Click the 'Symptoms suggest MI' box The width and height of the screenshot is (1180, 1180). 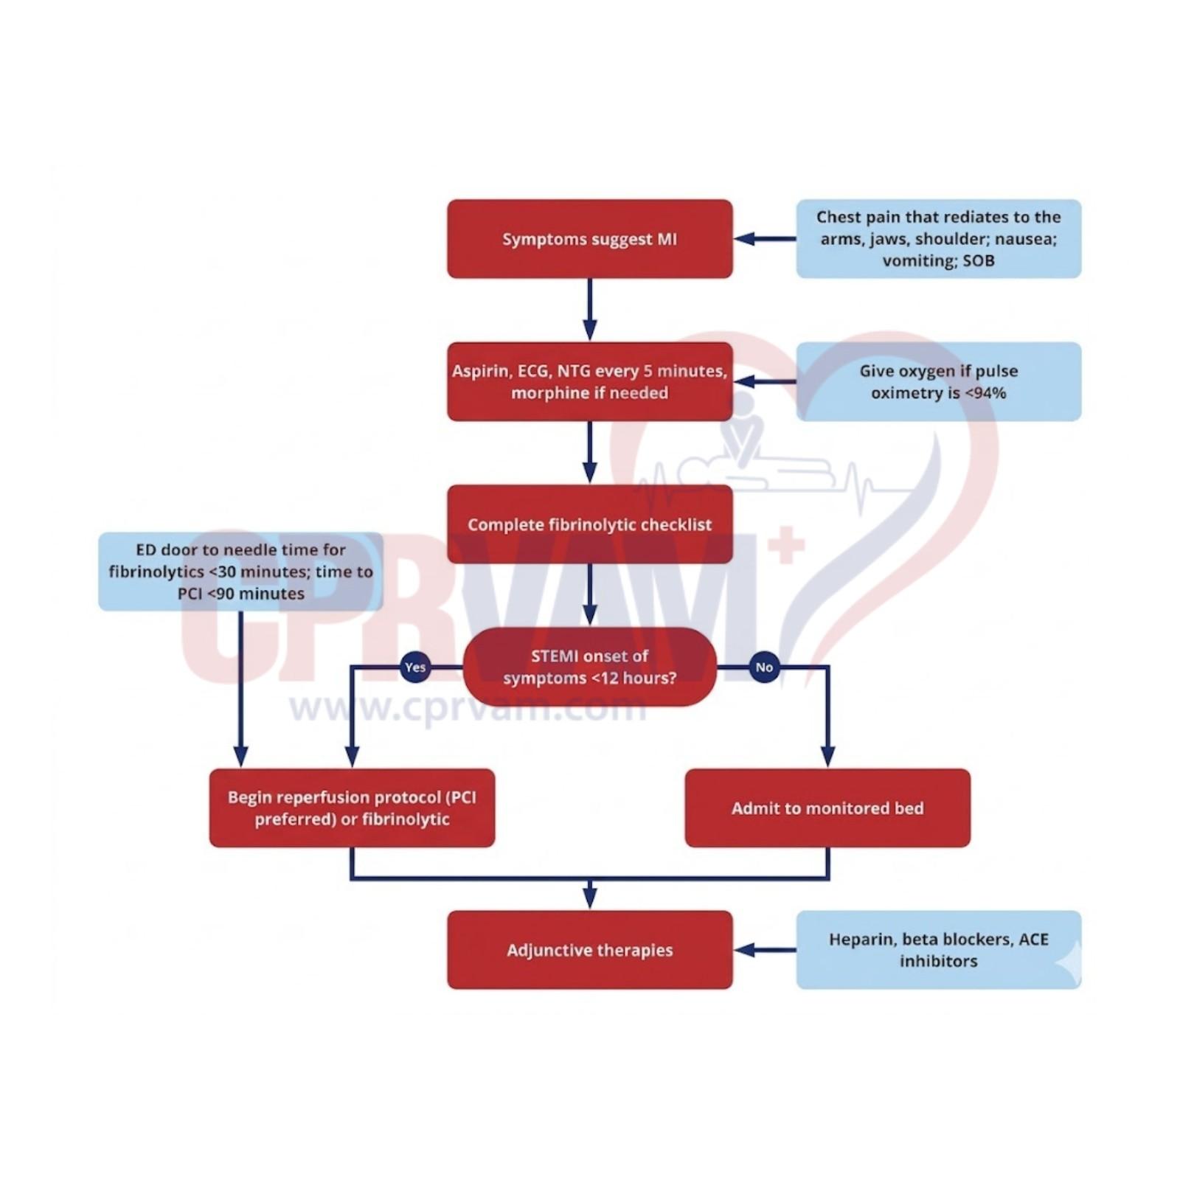[x=589, y=239]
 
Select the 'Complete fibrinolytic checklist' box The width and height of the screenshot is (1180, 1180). [x=589, y=524]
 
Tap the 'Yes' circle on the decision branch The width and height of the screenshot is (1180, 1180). [x=415, y=667]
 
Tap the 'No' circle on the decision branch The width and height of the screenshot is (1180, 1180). [x=764, y=667]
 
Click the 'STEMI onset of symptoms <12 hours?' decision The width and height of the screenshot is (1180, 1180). [x=589, y=667]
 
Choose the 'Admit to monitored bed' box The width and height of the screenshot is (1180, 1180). [x=827, y=808]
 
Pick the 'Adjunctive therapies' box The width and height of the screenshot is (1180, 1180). [x=589, y=950]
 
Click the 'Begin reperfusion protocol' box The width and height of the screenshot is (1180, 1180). [x=352, y=808]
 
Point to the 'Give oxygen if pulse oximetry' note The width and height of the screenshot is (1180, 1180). [x=938, y=381]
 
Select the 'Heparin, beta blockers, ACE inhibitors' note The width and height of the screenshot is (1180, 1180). [x=938, y=950]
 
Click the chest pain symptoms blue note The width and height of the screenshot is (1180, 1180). [x=938, y=239]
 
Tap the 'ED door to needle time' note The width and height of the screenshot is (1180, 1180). [x=240, y=572]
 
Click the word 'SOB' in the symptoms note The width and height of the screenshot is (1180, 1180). [x=979, y=261]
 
